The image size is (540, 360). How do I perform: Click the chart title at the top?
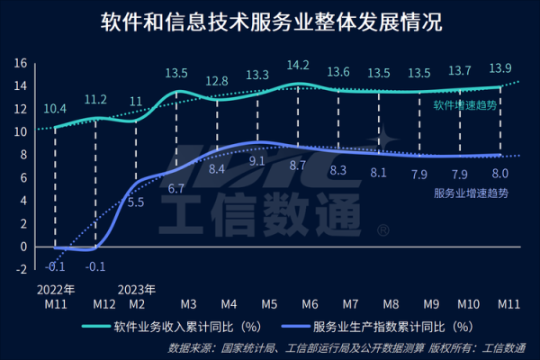[270, 22]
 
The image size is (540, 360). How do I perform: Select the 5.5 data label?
[136, 202]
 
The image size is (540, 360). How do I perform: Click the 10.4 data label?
[54, 108]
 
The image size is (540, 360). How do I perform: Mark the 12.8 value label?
[216, 81]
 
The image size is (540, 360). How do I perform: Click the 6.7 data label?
[176, 189]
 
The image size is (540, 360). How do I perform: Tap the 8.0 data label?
[499, 173]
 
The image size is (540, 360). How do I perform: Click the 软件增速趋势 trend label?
[463, 105]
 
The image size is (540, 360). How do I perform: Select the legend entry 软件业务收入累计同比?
[186, 327]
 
